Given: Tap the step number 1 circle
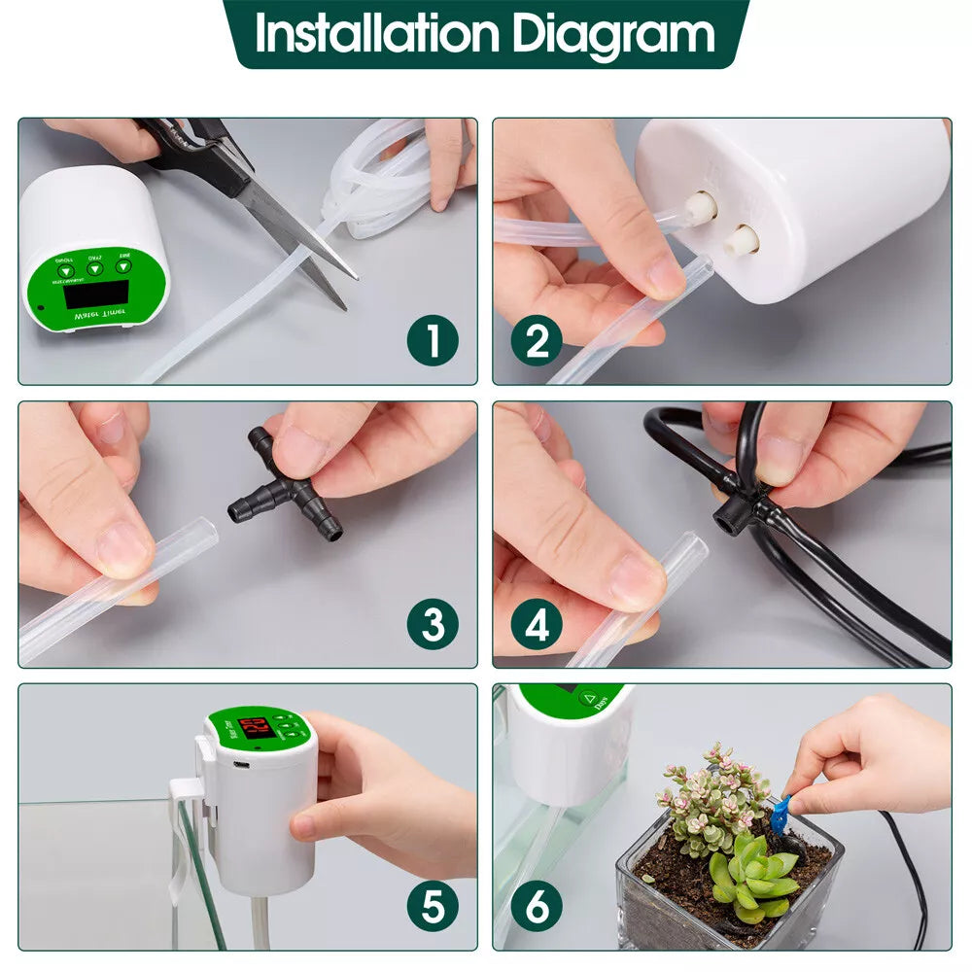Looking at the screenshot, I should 433,341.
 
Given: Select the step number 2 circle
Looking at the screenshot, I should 537,341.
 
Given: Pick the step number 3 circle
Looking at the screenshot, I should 433,625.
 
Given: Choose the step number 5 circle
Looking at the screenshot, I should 433,907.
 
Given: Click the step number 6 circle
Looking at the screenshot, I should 537,907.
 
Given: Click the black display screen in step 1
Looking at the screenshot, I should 95,294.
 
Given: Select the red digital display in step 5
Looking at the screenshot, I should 255,726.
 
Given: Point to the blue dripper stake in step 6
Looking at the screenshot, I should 780,815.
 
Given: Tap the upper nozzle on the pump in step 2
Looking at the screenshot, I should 700,205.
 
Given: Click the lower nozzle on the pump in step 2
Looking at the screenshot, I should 742,239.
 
